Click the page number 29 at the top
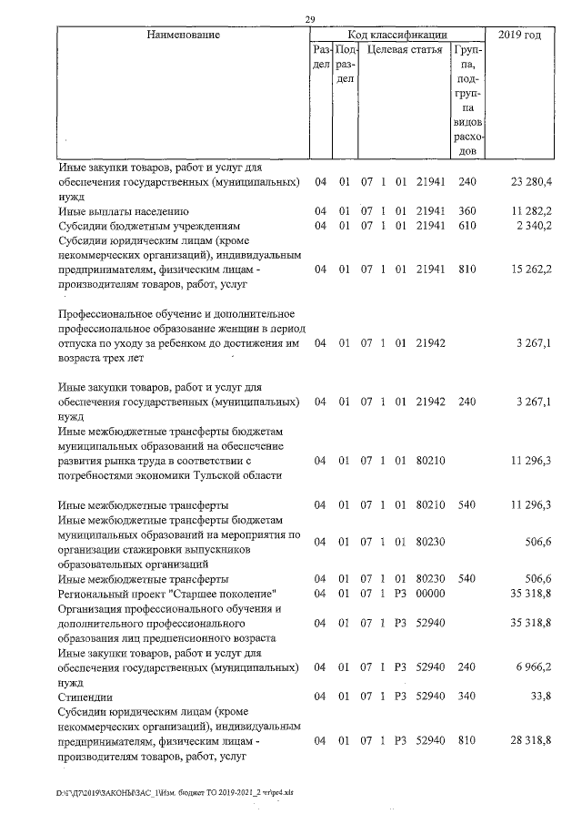(x=309, y=20)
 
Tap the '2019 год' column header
(x=520, y=35)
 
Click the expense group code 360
(x=467, y=212)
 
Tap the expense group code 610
(x=467, y=227)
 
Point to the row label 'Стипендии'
(x=86, y=697)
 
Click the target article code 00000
(x=429, y=593)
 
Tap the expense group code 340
(x=467, y=697)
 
